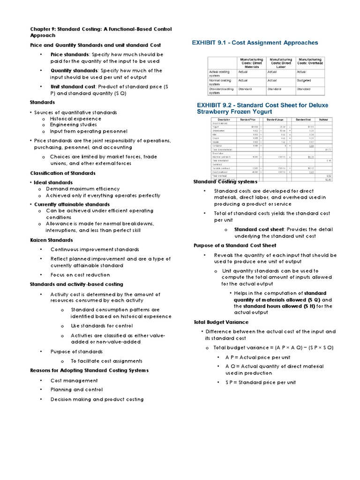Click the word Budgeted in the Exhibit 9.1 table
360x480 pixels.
coord(305,80)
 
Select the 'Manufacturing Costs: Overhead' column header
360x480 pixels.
coord(310,63)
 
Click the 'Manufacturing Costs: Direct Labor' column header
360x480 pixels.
coord(280,63)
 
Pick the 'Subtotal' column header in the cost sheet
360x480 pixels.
coord(323,120)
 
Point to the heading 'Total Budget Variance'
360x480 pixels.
coord(221,322)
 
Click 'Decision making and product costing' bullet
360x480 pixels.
coord(97,399)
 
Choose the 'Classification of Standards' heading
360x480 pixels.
coord(62,173)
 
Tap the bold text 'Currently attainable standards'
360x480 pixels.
coord(72,204)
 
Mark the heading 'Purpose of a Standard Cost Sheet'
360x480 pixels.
coord(235,245)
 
